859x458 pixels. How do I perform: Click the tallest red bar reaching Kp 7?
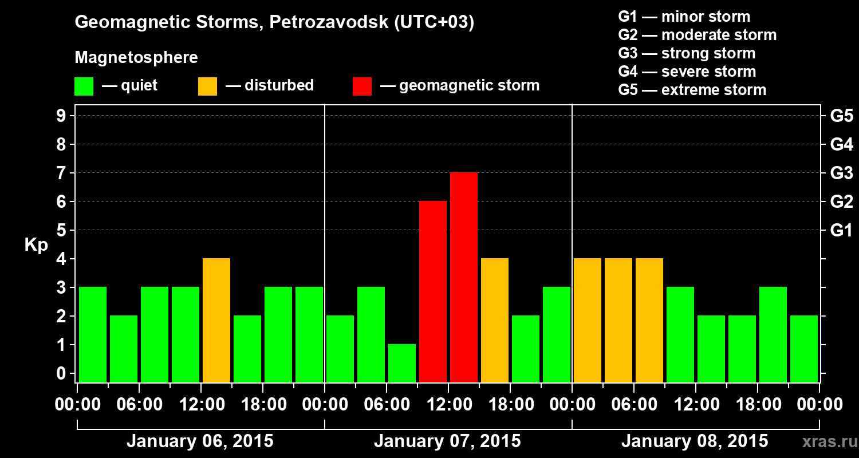tap(464, 277)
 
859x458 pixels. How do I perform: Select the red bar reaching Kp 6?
tap(433, 291)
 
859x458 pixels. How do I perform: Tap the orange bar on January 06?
tap(216, 320)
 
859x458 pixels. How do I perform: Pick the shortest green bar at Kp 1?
tap(402, 363)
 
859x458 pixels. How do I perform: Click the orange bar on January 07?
tap(495, 320)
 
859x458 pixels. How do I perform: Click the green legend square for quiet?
tap(84, 86)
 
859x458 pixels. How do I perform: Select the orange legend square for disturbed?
tap(207, 86)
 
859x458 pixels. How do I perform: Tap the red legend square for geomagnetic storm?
tap(362, 86)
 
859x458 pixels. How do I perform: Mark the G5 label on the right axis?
tap(841, 116)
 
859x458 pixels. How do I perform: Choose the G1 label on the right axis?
tap(841, 231)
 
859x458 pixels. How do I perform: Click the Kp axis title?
tap(36, 245)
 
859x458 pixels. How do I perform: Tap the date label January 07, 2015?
tap(447, 441)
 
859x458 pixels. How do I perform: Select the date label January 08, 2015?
tap(695, 441)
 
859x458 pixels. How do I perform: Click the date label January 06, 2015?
tap(200, 441)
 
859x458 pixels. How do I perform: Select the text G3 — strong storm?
tap(687, 53)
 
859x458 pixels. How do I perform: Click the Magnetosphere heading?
tap(136, 58)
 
